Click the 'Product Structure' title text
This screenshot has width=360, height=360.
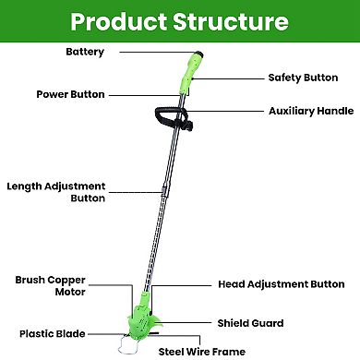pos(179,20)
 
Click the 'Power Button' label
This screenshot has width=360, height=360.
pos(70,94)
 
